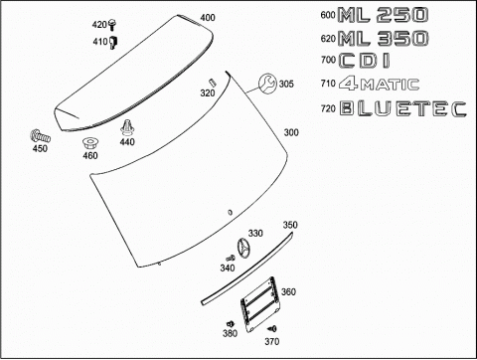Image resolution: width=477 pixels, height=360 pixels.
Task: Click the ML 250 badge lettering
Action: click(x=383, y=15)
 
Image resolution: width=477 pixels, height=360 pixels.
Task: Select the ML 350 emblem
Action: click(x=383, y=38)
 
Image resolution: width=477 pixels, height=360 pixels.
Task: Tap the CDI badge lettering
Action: click(x=364, y=61)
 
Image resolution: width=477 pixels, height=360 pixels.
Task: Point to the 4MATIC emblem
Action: click(x=379, y=84)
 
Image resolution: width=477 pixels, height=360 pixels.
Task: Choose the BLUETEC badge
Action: click(x=403, y=108)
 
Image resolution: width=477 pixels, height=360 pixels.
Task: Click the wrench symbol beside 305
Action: click(x=267, y=84)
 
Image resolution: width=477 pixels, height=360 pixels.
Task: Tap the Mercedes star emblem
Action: click(x=244, y=249)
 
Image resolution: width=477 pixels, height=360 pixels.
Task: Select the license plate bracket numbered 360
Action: click(x=259, y=304)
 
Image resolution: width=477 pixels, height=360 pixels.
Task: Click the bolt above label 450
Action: click(x=40, y=136)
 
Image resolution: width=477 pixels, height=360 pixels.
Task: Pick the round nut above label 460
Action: click(x=89, y=144)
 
